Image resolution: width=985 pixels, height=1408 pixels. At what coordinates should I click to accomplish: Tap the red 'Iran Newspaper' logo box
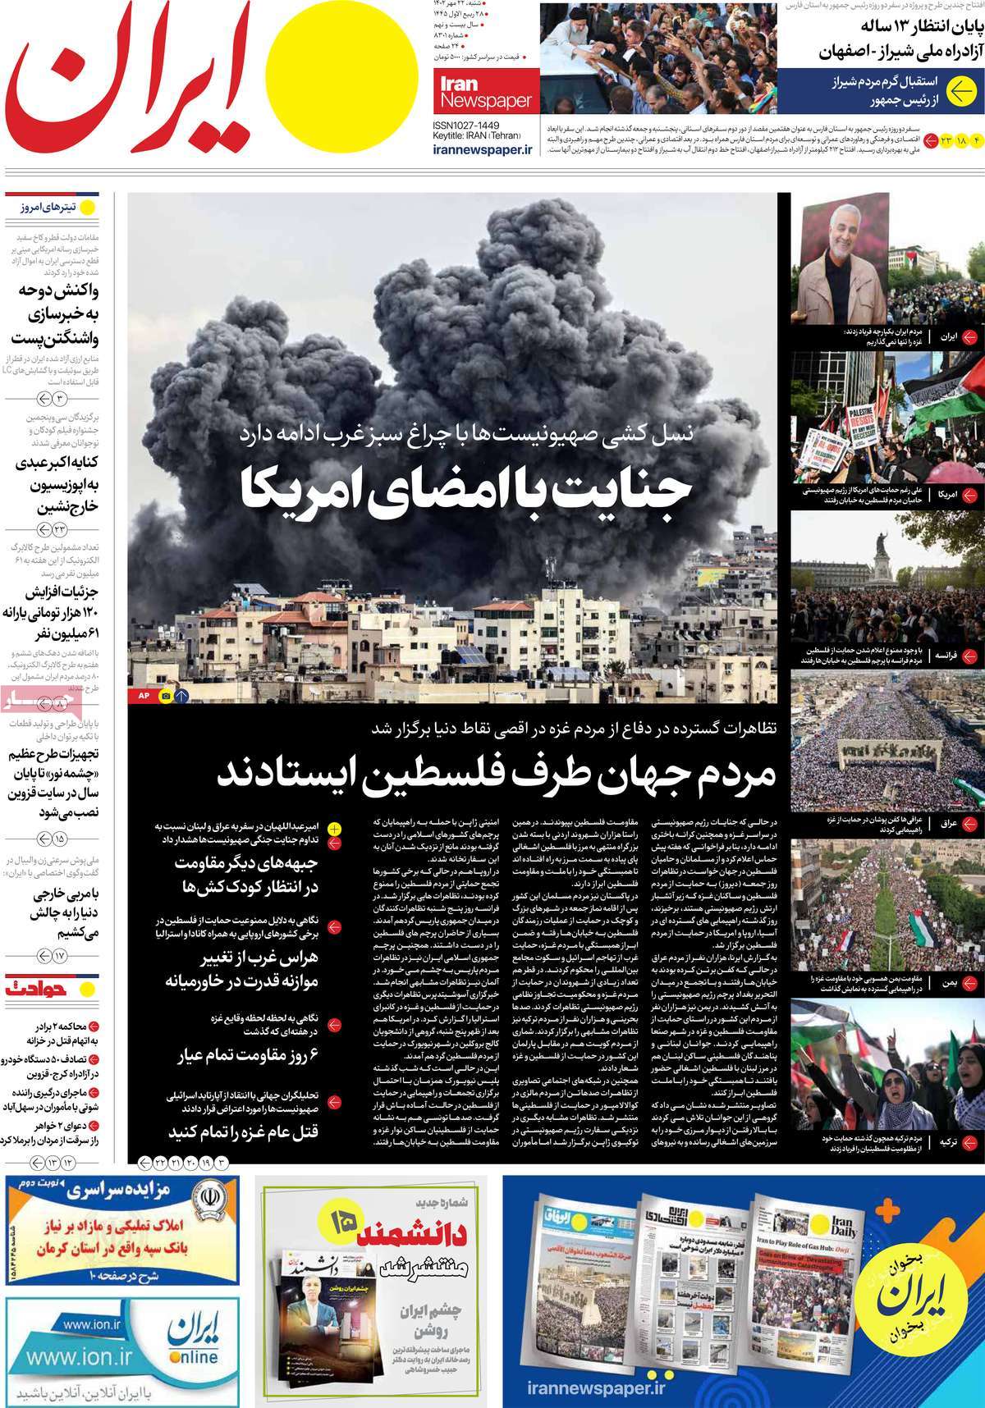(483, 93)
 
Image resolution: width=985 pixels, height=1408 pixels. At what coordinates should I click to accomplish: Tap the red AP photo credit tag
(142, 696)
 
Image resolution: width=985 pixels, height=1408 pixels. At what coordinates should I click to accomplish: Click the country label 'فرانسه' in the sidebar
(941, 656)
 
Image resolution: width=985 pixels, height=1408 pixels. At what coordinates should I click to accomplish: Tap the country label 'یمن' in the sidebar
(948, 981)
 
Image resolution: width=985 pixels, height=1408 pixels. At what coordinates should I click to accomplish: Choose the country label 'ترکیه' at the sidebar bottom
(946, 1141)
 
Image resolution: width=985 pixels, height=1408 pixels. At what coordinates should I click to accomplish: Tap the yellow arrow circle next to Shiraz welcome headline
(960, 93)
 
